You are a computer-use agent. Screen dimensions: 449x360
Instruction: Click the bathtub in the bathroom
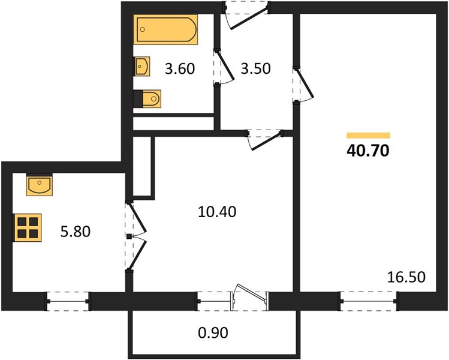coord(165,29)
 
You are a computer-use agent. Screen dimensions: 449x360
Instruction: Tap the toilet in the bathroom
coord(147,99)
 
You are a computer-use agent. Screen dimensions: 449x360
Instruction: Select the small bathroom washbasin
coord(142,66)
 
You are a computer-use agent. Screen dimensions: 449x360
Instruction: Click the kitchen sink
coord(39,185)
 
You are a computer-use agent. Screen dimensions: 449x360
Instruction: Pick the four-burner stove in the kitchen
coord(28,227)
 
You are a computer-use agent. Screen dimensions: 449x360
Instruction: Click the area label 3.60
coord(180,69)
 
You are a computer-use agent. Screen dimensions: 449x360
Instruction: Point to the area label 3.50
coord(255,69)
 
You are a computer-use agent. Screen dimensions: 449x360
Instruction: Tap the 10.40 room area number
coord(217,212)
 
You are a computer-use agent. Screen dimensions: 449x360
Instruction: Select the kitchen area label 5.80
coord(76,232)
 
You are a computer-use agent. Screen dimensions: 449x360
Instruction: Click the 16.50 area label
coord(406,277)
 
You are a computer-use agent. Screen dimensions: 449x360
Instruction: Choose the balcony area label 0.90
coord(213,333)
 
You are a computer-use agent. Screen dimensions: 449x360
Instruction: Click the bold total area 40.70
coord(368,151)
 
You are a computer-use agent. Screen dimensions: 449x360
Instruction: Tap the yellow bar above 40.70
coord(368,136)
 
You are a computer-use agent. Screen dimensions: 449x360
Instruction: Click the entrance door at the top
coord(247,15)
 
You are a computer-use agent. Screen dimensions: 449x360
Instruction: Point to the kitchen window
coord(68,301)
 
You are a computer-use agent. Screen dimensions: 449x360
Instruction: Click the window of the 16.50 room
coord(369,301)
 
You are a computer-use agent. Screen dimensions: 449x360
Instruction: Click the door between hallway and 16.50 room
coord(303,85)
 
